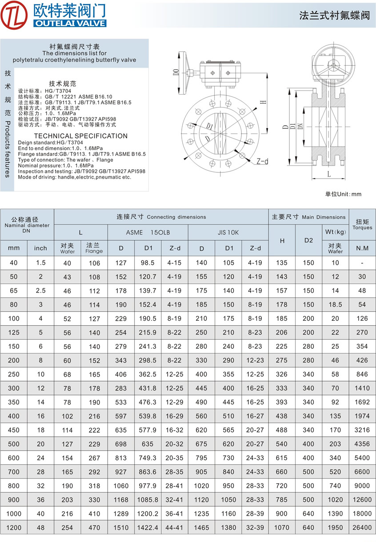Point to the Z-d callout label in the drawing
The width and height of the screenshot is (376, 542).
pos(262,161)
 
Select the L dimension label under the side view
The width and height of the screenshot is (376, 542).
pos(329,174)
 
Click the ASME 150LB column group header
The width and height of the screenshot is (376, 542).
pos(148,232)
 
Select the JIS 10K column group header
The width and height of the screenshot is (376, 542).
pos(228,232)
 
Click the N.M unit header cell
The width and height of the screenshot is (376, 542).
pos(362,248)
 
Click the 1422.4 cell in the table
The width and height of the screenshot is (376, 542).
pos(148,528)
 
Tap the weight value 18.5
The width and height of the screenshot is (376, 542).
pos(335,304)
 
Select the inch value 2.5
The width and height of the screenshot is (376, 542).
pos(40,291)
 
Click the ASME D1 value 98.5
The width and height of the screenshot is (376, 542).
pos(148,263)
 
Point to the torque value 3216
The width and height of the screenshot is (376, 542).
pos(362,430)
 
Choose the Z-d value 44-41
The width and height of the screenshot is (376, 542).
pos(175,528)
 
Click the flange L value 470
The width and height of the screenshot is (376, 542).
pos(94,528)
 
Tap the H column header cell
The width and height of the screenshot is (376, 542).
pos(282,240)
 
